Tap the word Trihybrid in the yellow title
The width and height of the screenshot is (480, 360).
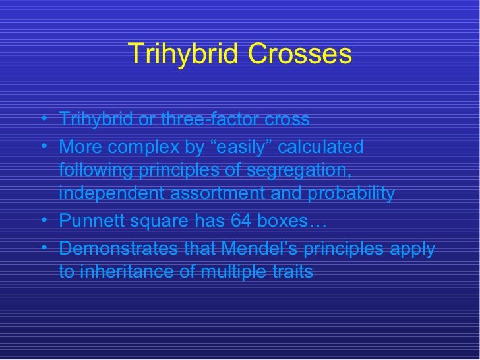(x=183, y=54)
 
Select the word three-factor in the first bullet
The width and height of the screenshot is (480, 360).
(x=200, y=121)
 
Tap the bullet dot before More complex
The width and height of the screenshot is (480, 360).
(x=44, y=146)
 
